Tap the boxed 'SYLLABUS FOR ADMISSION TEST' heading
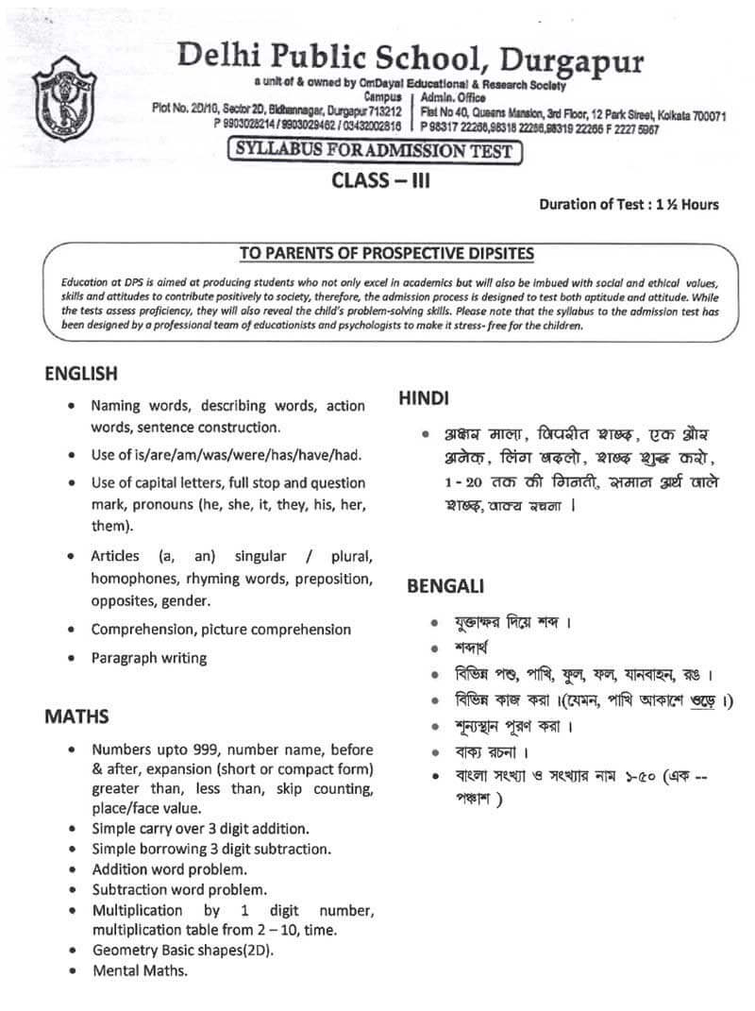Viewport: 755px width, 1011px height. [374, 151]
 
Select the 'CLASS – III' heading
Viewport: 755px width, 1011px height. [380, 180]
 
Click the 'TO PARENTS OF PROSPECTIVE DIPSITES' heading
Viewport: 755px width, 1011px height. [386, 253]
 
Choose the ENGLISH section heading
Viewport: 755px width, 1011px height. [81, 374]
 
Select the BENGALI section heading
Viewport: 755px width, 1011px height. [445, 586]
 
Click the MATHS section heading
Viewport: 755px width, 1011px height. [76, 716]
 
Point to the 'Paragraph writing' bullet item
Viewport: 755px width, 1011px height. [149, 658]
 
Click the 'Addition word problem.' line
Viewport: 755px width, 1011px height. [170, 868]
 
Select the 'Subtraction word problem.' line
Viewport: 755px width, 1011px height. [179, 889]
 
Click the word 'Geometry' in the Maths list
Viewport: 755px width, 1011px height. [123, 950]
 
